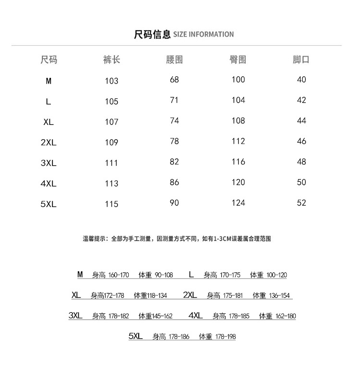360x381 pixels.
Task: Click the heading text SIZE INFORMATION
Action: click(x=203, y=35)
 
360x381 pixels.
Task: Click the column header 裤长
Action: click(x=111, y=60)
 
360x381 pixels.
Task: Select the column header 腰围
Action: click(x=174, y=60)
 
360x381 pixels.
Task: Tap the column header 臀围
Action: click(x=238, y=60)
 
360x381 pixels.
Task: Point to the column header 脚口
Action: click(x=301, y=60)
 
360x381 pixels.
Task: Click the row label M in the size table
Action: click(x=48, y=81)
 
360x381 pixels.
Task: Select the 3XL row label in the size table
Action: click(x=48, y=163)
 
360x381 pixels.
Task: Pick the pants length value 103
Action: click(x=111, y=81)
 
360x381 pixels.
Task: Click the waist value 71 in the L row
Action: click(x=174, y=100)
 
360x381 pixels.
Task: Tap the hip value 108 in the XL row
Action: click(x=238, y=121)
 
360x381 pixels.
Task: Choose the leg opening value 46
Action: click(x=301, y=141)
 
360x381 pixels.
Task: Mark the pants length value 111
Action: click(x=111, y=163)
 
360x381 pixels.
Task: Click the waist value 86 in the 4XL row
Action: click(x=174, y=183)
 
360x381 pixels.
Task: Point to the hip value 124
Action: click(x=238, y=203)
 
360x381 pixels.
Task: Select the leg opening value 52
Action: click(x=301, y=203)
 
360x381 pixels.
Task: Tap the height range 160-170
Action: click(x=119, y=275)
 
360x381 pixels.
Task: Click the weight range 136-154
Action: click(x=280, y=295)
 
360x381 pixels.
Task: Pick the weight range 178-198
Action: click(x=225, y=337)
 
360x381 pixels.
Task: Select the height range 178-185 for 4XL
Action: click(x=239, y=316)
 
